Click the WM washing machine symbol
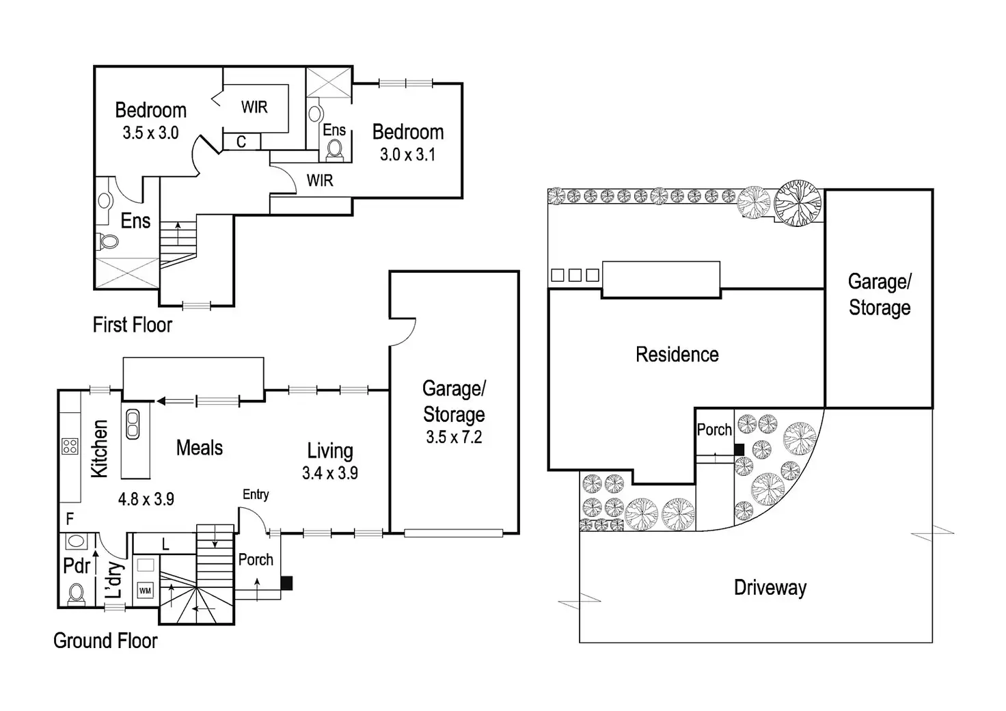[x=145, y=590]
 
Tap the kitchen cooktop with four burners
[x=70, y=446]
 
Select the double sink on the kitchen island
[x=133, y=424]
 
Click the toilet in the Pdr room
[x=76, y=595]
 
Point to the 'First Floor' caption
[x=133, y=325]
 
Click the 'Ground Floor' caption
[x=105, y=641]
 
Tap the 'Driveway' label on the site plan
[x=770, y=588]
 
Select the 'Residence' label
[x=677, y=354]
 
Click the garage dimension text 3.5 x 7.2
[x=454, y=437]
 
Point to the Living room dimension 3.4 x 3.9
[x=330, y=473]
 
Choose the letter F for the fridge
[x=70, y=519]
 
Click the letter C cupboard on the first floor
[x=241, y=142]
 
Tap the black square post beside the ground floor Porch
[x=286, y=583]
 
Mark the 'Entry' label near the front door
[x=256, y=494]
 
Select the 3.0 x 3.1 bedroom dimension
[x=408, y=155]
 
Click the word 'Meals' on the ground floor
[x=200, y=448]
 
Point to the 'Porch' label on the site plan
[x=714, y=430]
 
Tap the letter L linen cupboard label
[x=165, y=545]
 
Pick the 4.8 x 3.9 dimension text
[x=146, y=499]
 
